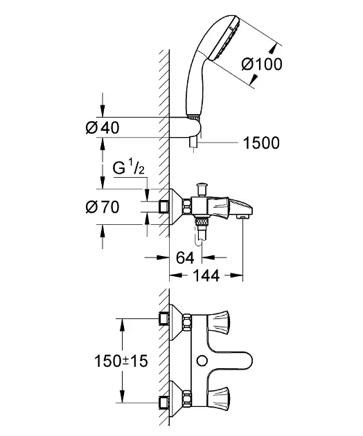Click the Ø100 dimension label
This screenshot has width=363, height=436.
262,64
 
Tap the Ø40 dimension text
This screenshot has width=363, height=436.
103,127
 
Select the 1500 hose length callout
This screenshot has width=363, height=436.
261,143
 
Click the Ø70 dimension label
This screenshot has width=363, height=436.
103,207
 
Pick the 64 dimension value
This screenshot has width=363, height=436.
185,258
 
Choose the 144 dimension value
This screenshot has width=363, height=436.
206,275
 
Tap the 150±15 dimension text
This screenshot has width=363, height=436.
121,361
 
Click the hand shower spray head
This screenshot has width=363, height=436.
224,37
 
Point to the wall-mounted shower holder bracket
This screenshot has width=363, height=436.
186,127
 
